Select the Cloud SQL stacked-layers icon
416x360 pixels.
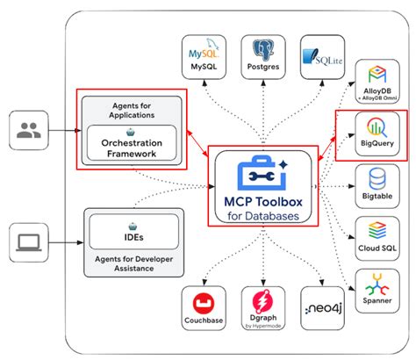click(376, 229)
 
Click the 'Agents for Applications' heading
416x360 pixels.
click(133, 109)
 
